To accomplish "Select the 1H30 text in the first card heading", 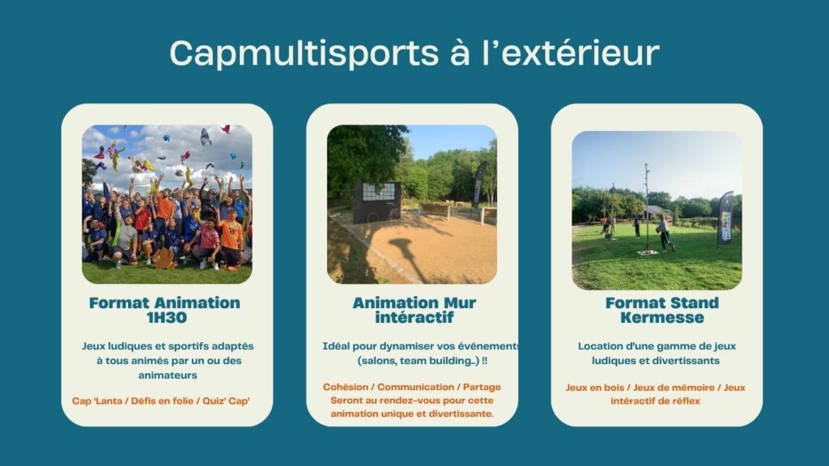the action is pyautogui.click(x=164, y=317).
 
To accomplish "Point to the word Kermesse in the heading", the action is pyautogui.click(x=662, y=317).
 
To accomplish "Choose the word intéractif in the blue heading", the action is pyautogui.click(x=414, y=317).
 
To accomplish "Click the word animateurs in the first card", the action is pyautogui.click(x=168, y=375).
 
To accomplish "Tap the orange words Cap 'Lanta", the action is pyautogui.click(x=97, y=401).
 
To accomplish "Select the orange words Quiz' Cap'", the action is pyautogui.click(x=227, y=401).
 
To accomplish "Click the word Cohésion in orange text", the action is pyautogui.click(x=346, y=388).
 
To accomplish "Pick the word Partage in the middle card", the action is pyautogui.click(x=483, y=388).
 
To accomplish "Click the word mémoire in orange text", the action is pyautogui.click(x=694, y=388).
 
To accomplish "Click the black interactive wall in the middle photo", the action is pyautogui.click(x=376, y=202).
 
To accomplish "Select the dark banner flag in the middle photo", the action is pyautogui.click(x=479, y=182).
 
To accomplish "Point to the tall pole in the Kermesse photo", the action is pyautogui.click(x=647, y=208).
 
